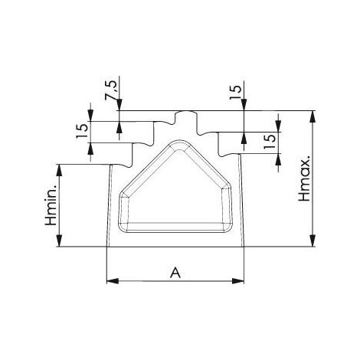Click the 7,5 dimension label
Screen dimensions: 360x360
[x=110, y=90]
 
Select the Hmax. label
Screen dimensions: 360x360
[x=305, y=178]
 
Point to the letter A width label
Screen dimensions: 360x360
[x=175, y=273]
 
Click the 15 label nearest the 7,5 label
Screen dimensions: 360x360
[x=83, y=131]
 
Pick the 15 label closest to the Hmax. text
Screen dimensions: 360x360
[x=270, y=142]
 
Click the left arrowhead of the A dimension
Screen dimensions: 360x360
[x=113, y=281]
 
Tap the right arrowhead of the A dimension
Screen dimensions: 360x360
[x=238, y=281]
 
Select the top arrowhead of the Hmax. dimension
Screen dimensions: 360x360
[x=313, y=117]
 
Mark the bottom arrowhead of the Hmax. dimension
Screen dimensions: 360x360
[x=313, y=241]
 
